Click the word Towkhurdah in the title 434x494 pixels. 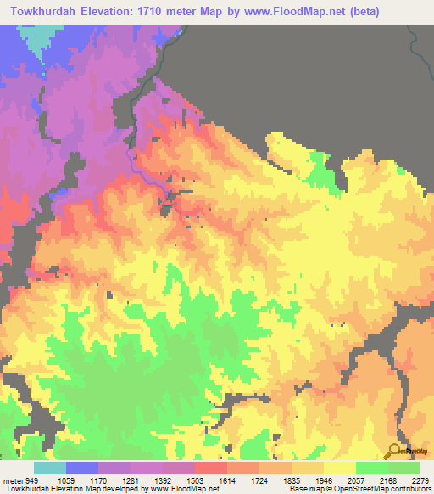43,12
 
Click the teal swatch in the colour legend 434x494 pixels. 50,468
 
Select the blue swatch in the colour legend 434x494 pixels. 82,468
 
